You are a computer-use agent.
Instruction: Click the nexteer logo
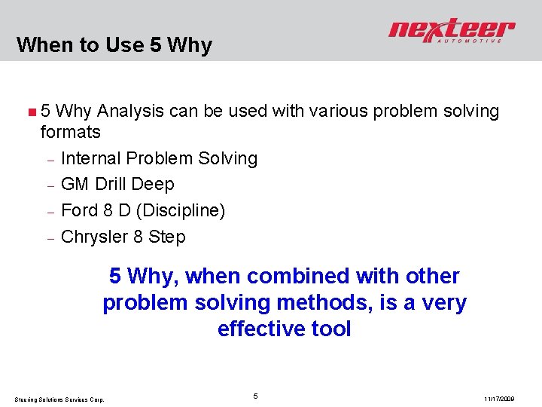[451, 29]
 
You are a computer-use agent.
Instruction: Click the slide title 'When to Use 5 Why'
[114, 45]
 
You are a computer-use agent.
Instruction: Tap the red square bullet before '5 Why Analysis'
[31, 112]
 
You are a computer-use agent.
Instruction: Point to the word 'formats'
[70, 133]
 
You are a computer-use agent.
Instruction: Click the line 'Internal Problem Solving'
[159, 158]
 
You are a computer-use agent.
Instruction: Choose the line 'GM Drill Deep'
[117, 184]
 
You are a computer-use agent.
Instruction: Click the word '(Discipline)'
[181, 210]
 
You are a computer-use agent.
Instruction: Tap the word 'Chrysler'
[95, 237]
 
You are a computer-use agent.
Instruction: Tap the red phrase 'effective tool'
[285, 329]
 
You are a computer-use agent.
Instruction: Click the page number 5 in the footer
[256, 396]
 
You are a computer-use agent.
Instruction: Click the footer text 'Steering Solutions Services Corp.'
[59, 399]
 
